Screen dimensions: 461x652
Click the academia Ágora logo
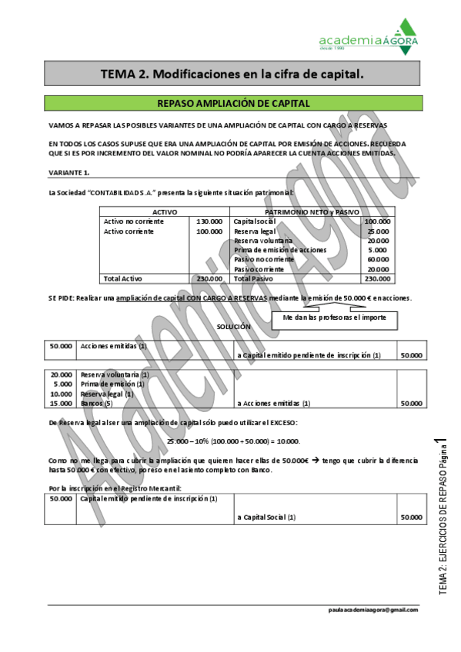[x=369, y=38]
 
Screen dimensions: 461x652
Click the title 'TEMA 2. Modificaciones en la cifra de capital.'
[x=232, y=74]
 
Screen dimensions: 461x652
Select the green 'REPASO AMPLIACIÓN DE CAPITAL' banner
[x=232, y=103]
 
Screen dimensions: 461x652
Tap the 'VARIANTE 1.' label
[x=68, y=171]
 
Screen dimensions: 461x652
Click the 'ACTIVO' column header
[x=165, y=211]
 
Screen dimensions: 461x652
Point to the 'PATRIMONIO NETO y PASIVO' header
[x=312, y=211]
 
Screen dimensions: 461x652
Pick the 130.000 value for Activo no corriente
[x=209, y=221]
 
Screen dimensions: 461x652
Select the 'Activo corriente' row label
[x=129, y=231]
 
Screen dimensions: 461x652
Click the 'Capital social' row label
[x=255, y=221]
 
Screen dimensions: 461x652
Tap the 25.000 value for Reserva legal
[x=378, y=231]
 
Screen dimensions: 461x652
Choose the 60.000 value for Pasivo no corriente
[x=378, y=259]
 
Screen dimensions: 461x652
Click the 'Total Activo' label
[x=123, y=278]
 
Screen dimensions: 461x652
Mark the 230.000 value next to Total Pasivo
[x=377, y=278]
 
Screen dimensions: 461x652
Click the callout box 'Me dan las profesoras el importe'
[x=335, y=317]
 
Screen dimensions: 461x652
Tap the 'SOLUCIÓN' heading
[x=233, y=327]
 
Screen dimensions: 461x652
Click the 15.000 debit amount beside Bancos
[x=61, y=403]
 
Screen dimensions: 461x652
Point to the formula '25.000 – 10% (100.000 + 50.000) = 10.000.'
[x=233, y=441]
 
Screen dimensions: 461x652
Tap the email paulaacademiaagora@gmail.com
[x=372, y=609]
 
